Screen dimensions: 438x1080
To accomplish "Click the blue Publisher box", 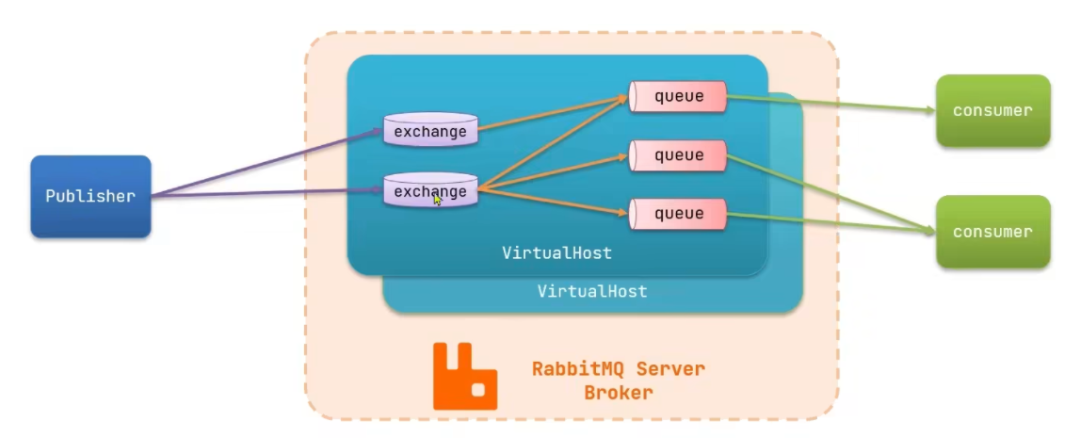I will [90, 196].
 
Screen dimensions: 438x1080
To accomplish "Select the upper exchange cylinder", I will [430, 131].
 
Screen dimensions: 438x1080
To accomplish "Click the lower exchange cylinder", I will [430, 191].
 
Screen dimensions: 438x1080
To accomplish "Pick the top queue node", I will [679, 96].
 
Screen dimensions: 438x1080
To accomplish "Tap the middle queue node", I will [679, 154].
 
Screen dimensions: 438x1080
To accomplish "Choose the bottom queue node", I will [679, 214].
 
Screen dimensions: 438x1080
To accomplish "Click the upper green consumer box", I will [992, 110].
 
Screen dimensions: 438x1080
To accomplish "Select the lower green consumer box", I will [992, 232].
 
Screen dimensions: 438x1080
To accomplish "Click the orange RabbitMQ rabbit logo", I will [464, 377].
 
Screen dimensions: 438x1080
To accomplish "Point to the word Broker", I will [618, 393].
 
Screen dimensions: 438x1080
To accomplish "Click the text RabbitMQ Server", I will [618, 368].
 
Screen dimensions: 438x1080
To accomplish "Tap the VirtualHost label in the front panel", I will [556, 252].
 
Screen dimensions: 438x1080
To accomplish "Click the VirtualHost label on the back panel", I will [592, 292].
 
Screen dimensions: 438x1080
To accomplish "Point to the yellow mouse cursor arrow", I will [438, 199].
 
